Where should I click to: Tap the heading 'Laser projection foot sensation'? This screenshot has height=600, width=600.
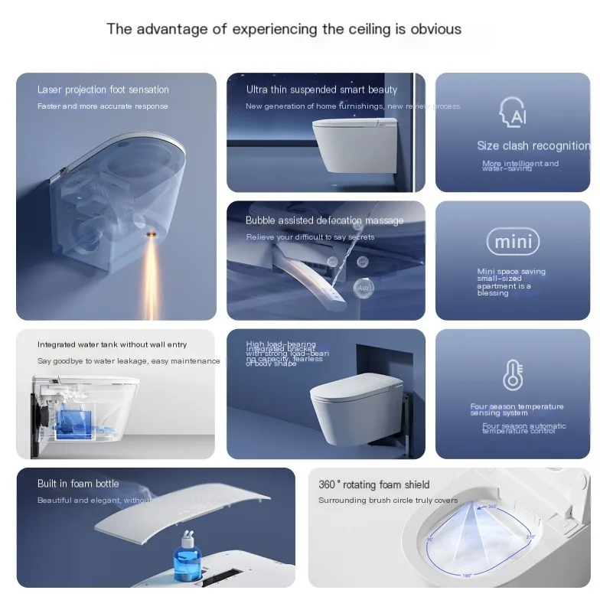[x=103, y=90]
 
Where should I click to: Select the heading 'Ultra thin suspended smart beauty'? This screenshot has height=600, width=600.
[x=321, y=90]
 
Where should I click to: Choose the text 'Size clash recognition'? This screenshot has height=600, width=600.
[x=533, y=145]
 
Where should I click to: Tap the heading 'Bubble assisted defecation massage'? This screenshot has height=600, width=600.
[x=324, y=220]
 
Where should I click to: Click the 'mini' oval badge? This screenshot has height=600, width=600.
[x=513, y=242]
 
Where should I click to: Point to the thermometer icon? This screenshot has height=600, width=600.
[x=513, y=375]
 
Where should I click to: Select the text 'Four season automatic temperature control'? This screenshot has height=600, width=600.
[x=524, y=429]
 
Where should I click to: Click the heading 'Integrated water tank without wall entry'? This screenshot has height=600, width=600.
[x=112, y=344]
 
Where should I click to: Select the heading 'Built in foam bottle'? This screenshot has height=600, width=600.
[x=78, y=484]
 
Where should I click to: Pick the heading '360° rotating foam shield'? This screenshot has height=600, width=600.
[x=373, y=484]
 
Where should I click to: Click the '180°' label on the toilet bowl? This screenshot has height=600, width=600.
[x=466, y=575]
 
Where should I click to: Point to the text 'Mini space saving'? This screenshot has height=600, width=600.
[x=511, y=272]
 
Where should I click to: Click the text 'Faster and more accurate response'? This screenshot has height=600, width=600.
[x=103, y=106]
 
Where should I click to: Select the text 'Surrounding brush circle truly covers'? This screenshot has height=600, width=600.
[x=388, y=501]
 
